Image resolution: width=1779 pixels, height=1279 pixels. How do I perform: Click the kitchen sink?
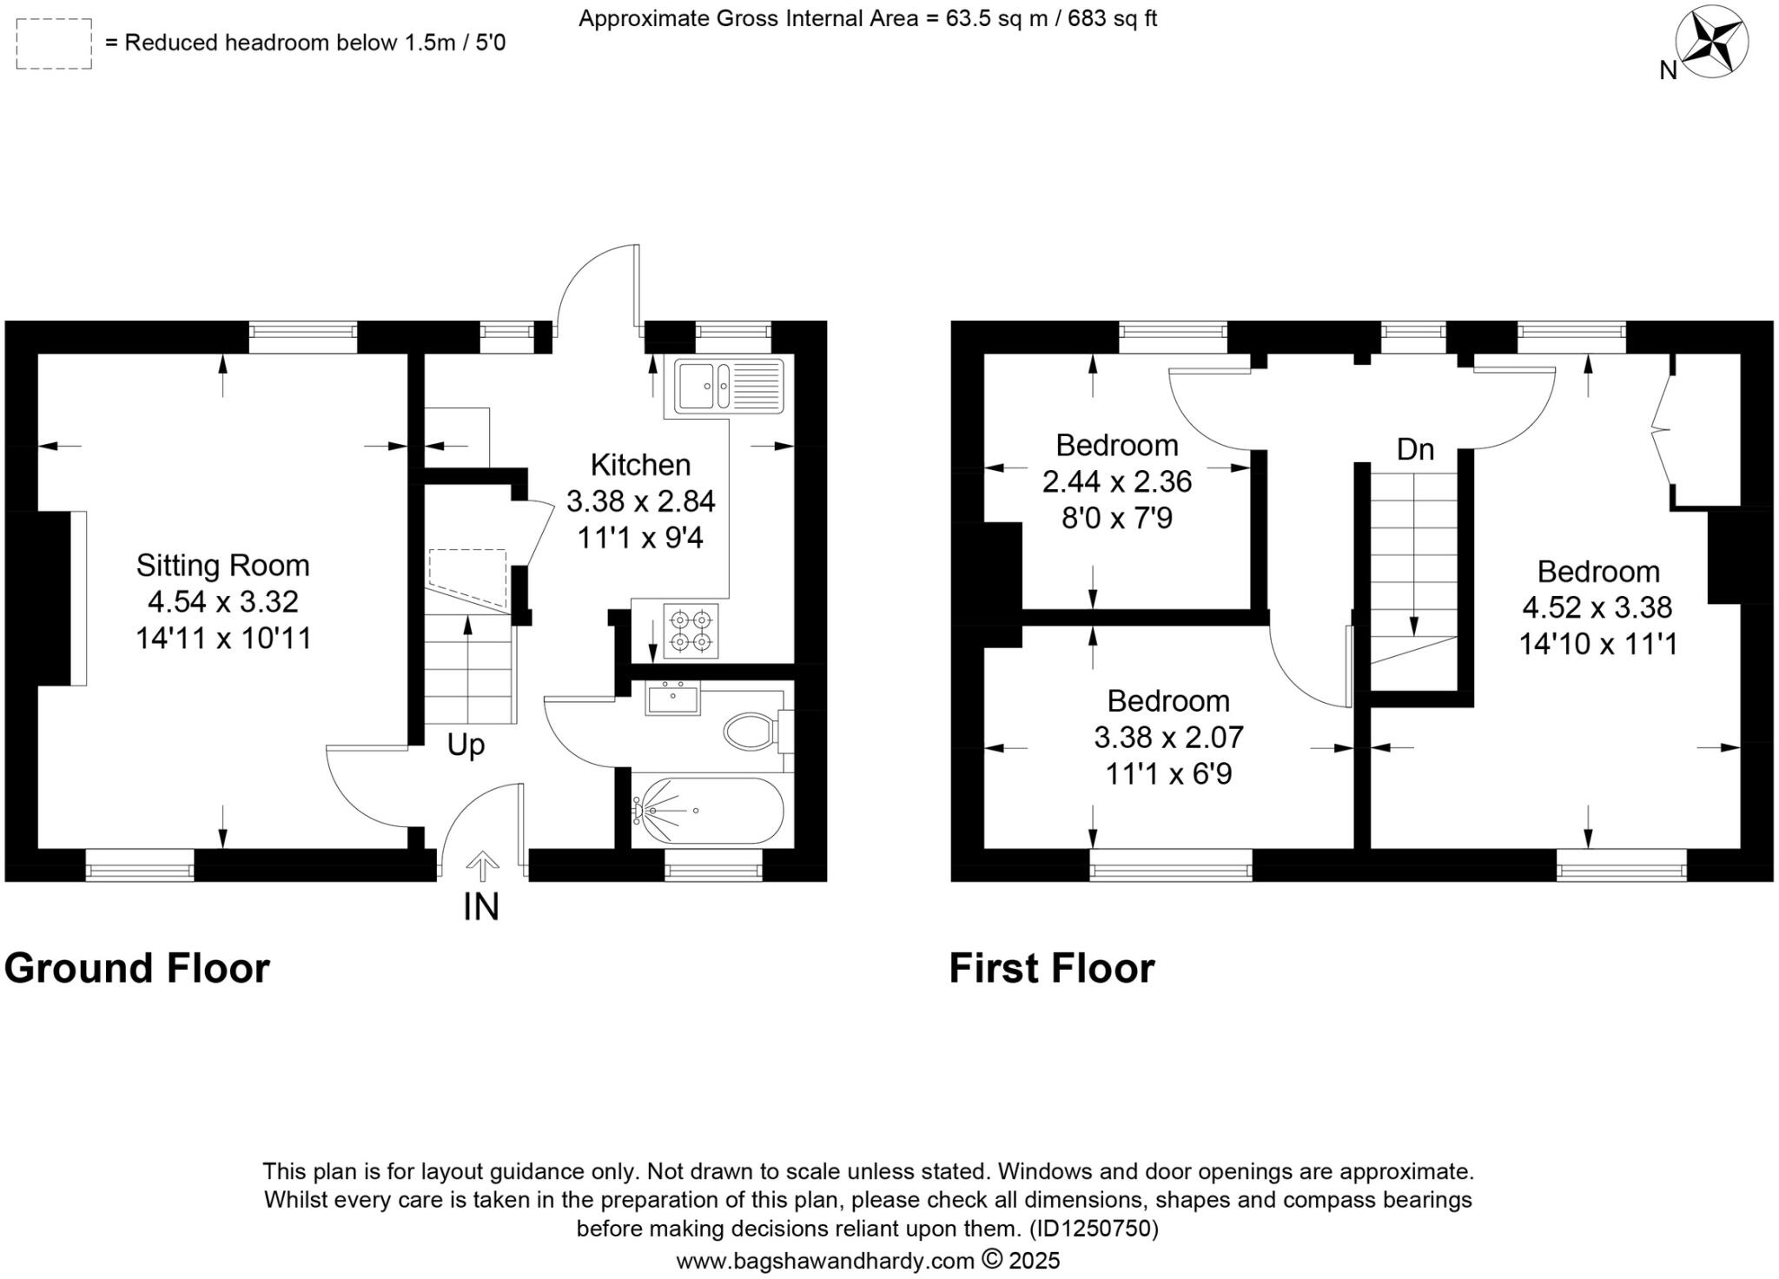[728, 386]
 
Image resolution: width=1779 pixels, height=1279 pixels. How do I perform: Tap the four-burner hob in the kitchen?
[691, 632]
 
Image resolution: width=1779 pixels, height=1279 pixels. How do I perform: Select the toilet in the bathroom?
[752, 732]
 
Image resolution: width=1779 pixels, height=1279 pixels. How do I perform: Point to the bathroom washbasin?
[672, 699]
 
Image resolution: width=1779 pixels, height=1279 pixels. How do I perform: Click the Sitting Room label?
[222, 566]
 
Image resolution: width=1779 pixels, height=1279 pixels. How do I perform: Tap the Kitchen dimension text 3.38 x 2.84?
[640, 501]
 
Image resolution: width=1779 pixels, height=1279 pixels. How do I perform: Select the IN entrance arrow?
[482, 867]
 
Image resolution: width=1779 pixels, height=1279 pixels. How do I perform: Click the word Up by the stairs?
[466, 746]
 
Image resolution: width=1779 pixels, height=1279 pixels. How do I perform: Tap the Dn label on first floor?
[1415, 449]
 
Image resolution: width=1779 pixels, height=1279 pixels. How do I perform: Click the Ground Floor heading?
[137, 968]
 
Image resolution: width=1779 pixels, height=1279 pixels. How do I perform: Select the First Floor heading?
[1051, 968]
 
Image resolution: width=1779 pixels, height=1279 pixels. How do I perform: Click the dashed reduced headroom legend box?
[54, 43]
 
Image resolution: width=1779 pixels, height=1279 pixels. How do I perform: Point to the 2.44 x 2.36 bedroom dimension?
[1116, 481]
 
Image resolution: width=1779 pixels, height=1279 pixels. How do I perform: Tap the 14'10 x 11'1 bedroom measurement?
[1597, 644]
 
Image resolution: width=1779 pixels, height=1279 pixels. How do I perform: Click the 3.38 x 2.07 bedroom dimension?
[1168, 738]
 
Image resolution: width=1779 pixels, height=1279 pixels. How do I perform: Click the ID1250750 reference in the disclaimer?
[1093, 1229]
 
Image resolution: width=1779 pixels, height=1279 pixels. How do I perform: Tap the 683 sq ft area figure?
[1112, 18]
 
